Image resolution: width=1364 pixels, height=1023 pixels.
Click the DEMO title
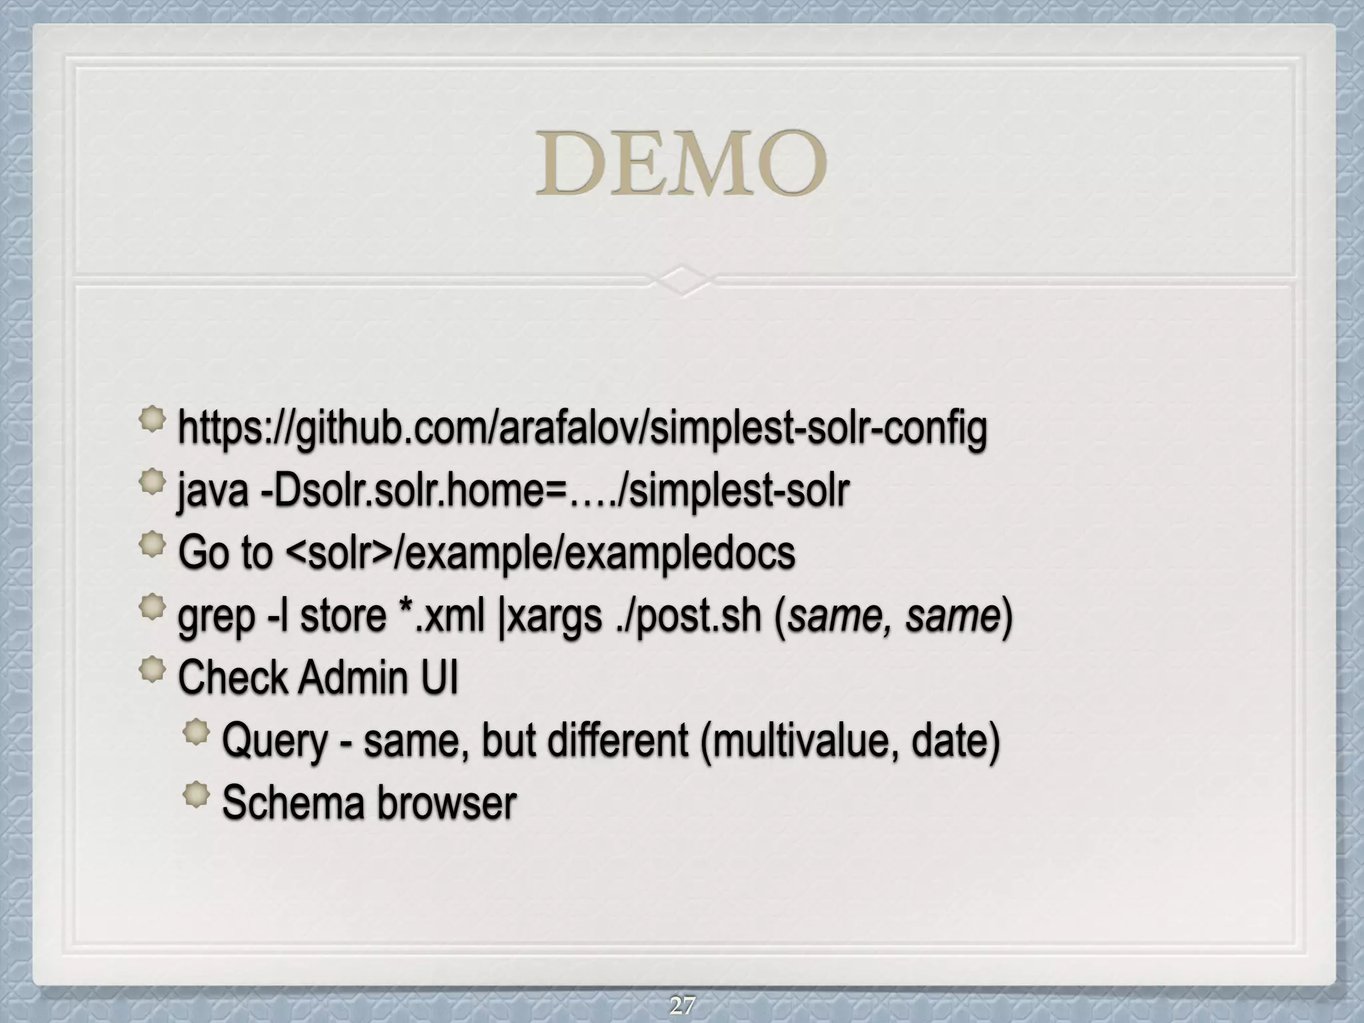(x=681, y=163)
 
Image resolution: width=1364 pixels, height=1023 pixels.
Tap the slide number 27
(x=682, y=1004)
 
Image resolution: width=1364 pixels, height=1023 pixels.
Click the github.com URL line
(x=582, y=428)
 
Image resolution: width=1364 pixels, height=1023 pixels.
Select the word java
(x=212, y=491)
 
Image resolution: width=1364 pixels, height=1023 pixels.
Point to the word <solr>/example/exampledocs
(x=540, y=553)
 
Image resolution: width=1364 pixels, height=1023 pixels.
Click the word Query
(x=275, y=741)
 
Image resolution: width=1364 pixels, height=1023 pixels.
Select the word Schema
(x=294, y=802)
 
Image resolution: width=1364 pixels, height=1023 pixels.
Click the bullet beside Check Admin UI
(x=153, y=670)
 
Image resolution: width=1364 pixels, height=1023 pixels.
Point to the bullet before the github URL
(x=153, y=420)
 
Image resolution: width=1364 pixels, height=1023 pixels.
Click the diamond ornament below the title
(x=682, y=280)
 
